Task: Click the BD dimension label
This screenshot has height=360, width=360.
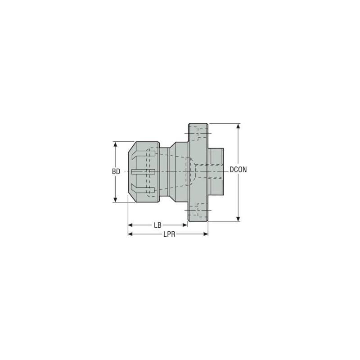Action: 116,171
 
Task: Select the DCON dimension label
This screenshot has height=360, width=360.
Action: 238,170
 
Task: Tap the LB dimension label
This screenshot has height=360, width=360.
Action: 157,225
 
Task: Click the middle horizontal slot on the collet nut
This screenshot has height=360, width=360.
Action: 143,172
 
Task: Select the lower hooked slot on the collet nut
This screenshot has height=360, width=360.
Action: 143,189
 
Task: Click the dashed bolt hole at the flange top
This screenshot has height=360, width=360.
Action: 198,134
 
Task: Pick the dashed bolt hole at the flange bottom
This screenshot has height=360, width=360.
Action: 198,210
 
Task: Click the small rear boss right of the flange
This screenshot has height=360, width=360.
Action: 216,172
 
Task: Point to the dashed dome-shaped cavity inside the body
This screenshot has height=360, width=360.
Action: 191,171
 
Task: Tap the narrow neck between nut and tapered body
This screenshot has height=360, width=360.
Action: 164,172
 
